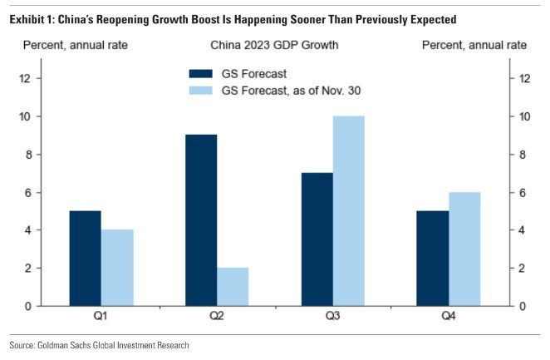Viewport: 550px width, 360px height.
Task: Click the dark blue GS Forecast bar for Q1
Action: [x=86, y=259]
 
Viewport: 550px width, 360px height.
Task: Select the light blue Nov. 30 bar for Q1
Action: [x=117, y=268]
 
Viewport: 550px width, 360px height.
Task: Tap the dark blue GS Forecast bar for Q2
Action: [x=201, y=220]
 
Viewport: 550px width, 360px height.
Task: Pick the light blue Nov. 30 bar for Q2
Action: [x=233, y=287]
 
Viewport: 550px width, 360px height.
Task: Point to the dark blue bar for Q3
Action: [x=317, y=239]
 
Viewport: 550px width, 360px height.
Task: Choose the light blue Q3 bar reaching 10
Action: [x=348, y=211]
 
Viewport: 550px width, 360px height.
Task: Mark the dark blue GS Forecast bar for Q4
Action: [x=432, y=259]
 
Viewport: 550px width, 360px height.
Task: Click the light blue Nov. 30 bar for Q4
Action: [x=464, y=249]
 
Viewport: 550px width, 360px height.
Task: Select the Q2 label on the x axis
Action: [x=217, y=317]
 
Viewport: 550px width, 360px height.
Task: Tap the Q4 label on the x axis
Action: [x=448, y=317]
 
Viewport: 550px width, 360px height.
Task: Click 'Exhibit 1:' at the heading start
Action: [x=32, y=17]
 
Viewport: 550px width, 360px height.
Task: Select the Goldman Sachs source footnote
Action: [x=99, y=345]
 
